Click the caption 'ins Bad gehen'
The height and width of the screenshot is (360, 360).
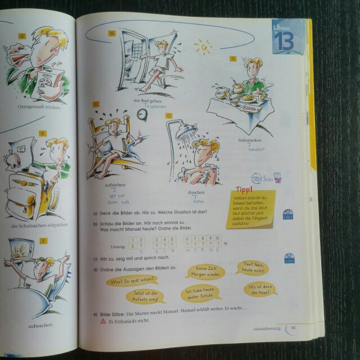click(148, 100)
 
